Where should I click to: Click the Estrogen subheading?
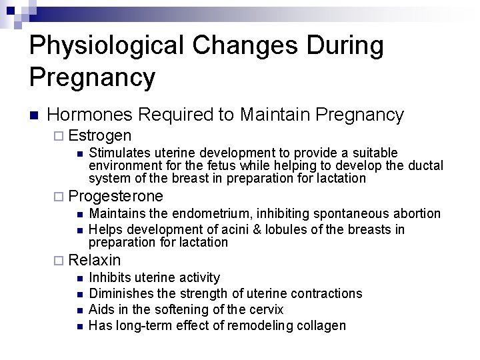click(x=99, y=135)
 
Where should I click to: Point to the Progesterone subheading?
click(x=115, y=196)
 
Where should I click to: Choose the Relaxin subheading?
click(x=95, y=260)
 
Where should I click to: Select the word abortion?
click(x=415, y=214)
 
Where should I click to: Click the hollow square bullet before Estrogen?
click(x=60, y=136)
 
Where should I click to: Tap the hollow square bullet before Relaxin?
click(x=60, y=261)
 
